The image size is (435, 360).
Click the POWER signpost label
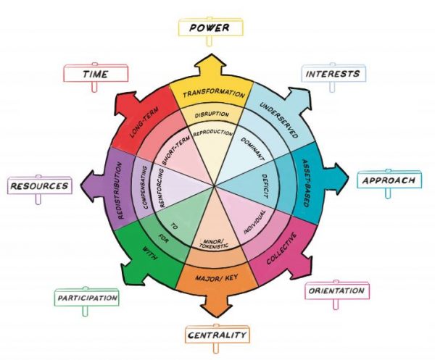210,28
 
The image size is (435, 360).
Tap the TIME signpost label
96,73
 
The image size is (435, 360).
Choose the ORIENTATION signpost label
334,291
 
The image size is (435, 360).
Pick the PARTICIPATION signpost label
87,297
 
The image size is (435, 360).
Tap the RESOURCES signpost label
40,186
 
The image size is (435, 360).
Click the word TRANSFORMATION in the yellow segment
212,94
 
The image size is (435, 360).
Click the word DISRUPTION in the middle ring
212,114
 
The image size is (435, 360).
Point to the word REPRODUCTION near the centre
213,133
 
